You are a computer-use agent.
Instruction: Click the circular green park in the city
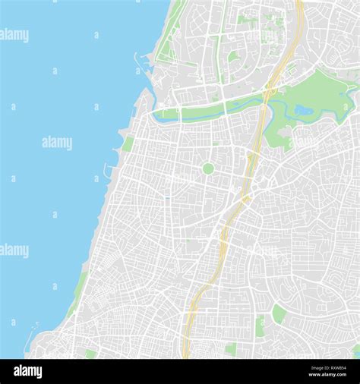coord(207,168)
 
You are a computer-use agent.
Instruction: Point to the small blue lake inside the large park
coord(303,111)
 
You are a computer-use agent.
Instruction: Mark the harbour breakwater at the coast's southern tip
coord(31,334)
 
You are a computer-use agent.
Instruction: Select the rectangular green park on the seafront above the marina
coord(128,143)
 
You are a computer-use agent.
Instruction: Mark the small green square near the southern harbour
coord(90,354)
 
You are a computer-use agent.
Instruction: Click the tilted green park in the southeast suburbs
coord(279,313)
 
